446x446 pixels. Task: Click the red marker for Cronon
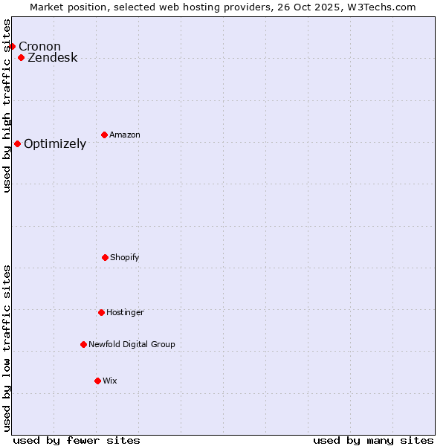click(x=12, y=47)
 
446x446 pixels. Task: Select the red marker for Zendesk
click(x=22, y=58)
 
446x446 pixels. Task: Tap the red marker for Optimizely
click(x=17, y=144)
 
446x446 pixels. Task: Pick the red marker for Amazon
click(x=105, y=135)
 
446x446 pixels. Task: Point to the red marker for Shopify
click(x=105, y=258)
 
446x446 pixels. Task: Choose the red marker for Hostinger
click(x=101, y=313)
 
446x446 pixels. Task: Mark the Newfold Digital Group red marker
click(x=83, y=345)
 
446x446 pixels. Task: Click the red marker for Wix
click(x=97, y=381)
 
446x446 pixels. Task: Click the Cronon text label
click(x=39, y=47)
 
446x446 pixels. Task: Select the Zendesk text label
click(x=52, y=58)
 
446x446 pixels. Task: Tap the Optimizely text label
click(x=55, y=144)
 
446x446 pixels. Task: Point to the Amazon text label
click(x=125, y=135)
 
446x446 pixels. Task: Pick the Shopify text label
click(x=125, y=258)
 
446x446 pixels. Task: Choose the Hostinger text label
click(x=125, y=313)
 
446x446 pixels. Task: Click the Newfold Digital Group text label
click(x=132, y=345)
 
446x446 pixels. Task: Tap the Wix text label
click(x=110, y=381)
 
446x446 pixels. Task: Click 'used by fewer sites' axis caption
click(x=77, y=441)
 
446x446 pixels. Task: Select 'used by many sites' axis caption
click(x=373, y=441)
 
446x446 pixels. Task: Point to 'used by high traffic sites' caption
click(x=7, y=106)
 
